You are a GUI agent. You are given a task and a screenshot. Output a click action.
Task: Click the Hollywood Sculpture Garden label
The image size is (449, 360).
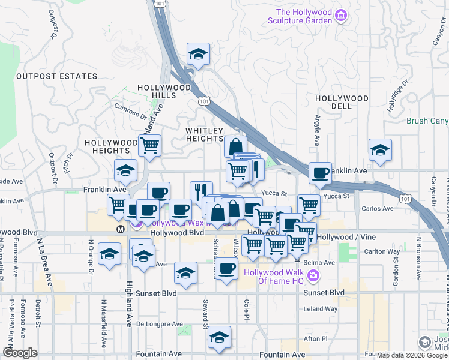pos(304,16)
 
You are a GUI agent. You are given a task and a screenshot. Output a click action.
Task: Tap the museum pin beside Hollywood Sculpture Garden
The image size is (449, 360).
pos(341,15)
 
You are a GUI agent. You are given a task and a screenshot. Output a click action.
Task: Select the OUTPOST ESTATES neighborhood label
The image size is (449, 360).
pos(56,76)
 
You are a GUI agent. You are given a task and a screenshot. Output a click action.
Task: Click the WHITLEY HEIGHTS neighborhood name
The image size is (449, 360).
pos(204,134)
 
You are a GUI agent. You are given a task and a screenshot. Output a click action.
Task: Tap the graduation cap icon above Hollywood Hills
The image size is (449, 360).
pos(198,55)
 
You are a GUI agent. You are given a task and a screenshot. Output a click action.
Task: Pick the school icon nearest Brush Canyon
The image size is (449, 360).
pos(380,151)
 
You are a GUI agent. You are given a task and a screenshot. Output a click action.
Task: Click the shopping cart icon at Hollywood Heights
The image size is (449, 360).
pos(149,146)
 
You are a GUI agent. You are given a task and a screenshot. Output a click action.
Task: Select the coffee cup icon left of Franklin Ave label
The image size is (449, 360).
pos(319,173)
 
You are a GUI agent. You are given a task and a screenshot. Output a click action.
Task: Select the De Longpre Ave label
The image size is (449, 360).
pos(159,324)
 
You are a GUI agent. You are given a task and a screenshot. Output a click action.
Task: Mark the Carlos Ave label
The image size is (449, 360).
pos(378,209)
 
